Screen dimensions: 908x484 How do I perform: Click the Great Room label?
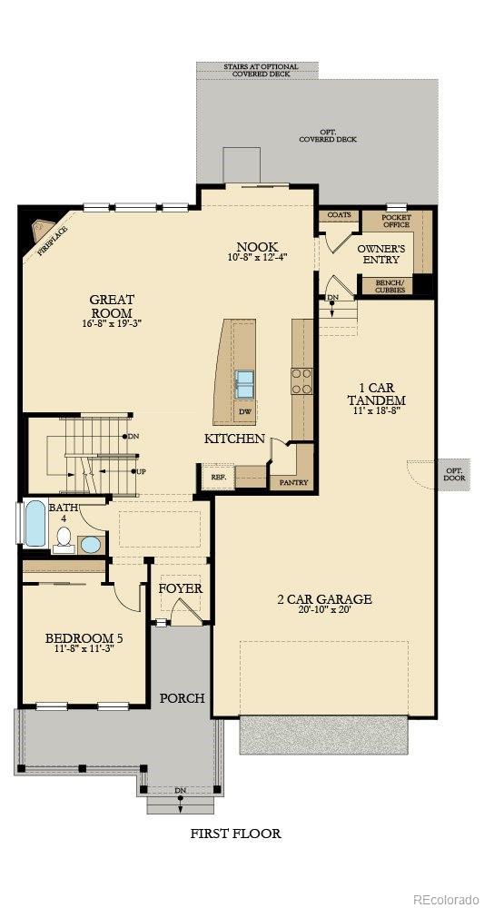(x=111, y=306)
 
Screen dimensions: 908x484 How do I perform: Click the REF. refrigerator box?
(x=219, y=476)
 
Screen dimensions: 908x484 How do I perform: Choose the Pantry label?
(x=291, y=482)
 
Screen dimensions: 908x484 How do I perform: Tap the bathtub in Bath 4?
(x=35, y=523)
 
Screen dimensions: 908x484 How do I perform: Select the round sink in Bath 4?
(x=90, y=545)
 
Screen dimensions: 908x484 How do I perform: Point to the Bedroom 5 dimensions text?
(x=84, y=650)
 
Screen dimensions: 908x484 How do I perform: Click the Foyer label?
(x=181, y=588)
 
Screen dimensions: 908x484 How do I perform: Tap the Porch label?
(x=182, y=698)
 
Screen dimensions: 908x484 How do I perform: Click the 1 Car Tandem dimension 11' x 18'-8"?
(x=377, y=412)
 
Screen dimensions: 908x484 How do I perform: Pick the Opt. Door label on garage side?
(x=453, y=474)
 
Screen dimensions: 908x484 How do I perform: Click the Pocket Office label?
(x=396, y=221)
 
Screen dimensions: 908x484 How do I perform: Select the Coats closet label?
(x=340, y=215)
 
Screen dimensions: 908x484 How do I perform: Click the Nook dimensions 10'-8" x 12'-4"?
(x=257, y=258)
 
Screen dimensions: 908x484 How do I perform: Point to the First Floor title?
(x=235, y=833)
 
